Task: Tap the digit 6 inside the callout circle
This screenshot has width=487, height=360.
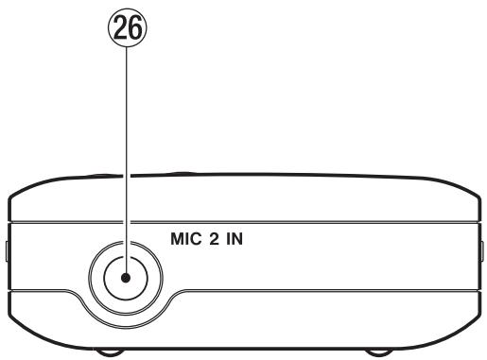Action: click(x=133, y=26)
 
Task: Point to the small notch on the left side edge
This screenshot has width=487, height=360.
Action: click(x=6, y=250)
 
